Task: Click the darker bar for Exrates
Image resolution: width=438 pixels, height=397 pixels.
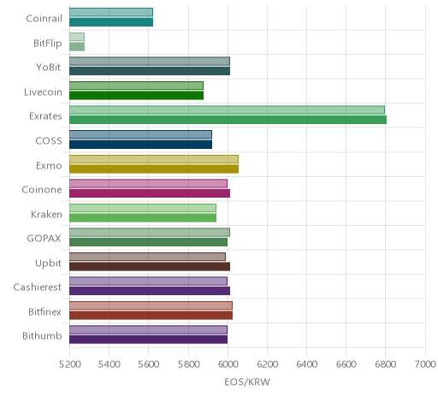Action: click(x=228, y=120)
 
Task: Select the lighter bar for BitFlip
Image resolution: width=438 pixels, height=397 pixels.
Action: click(x=77, y=37)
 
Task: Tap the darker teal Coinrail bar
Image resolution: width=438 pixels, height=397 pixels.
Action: click(x=111, y=22)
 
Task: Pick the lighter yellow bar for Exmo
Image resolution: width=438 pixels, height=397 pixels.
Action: click(x=154, y=159)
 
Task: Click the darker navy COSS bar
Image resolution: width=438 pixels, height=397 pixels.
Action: click(x=140, y=145)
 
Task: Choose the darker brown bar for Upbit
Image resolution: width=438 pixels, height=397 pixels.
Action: click(x=150, y=266)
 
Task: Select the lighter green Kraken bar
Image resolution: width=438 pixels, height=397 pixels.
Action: click(x=143, y=208)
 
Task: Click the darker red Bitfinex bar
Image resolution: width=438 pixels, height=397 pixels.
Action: click(x=151, y=315)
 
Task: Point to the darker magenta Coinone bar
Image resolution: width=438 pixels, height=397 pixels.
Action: click(x=150, y=193)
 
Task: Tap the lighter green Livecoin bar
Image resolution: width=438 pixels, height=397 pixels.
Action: click(x=136, y=86)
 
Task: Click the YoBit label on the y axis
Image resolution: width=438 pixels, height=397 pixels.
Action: click(x=49, y=68)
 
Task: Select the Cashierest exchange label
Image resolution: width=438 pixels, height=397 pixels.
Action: click(x=38, y=287)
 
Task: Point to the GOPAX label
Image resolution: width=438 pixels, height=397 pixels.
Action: click(x=44, y=238)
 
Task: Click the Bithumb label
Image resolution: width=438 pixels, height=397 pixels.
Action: click(x=42, y=335)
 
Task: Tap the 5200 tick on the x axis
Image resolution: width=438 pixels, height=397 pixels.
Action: click(x=69, y=364)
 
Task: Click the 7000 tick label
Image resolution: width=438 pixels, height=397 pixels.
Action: click(x=425, y=364)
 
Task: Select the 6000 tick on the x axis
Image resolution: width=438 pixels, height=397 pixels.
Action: click(x=228, y=364)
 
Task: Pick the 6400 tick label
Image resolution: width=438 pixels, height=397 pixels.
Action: click(x=307, y=364)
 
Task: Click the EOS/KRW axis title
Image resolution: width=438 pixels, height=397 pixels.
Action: click(x=247, y=382)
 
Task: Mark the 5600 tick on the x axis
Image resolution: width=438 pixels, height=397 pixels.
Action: click(x=148, y=364)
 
